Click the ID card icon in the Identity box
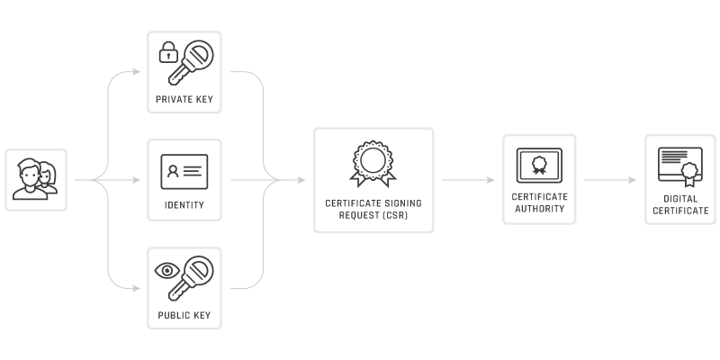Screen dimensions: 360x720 [x=184, y=171]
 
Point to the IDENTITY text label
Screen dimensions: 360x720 [x=184, y=205]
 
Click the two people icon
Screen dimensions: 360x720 [x=36, y=178]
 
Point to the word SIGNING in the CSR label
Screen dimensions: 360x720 [x=401, y=203]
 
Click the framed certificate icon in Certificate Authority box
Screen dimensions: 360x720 [x=538, y=166]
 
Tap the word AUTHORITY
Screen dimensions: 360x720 [x=538, y=209]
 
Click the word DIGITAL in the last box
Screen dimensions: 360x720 [x=679, y=199]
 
